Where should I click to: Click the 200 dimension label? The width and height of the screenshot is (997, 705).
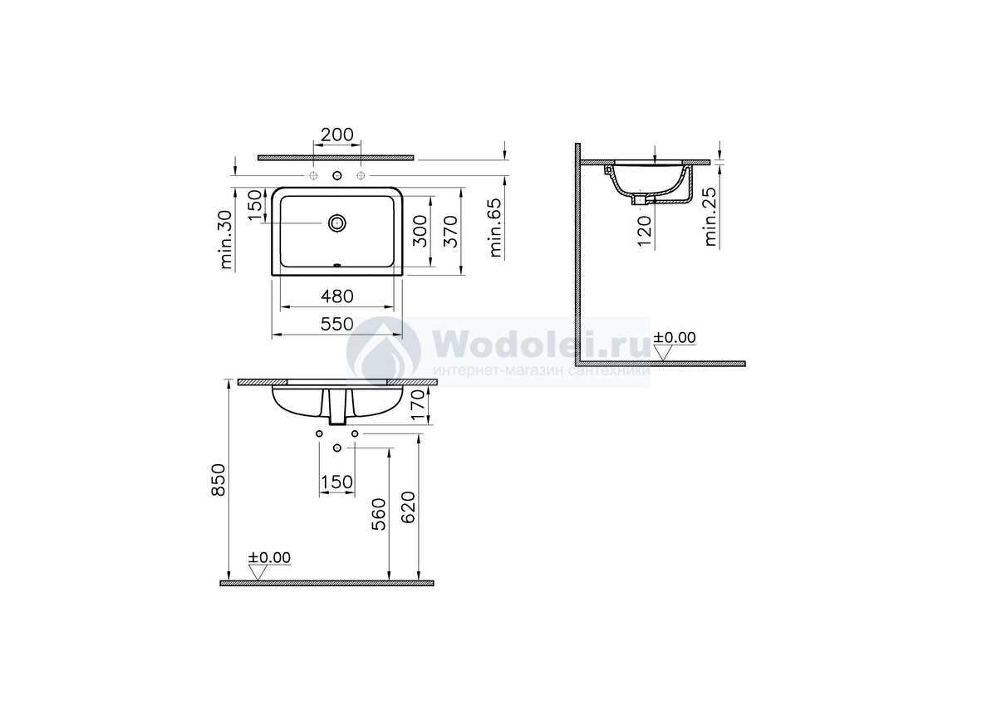click(337, 135)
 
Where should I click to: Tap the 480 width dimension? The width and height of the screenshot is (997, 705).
click(337, 296)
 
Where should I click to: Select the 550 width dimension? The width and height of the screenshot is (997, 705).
click(337, 324)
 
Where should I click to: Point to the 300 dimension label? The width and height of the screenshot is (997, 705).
click(420, 231)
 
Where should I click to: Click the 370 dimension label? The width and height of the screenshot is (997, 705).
click(450, 231)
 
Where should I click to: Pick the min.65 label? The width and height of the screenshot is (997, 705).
click(495, 228)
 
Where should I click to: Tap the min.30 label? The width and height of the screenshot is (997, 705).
click(226, 240)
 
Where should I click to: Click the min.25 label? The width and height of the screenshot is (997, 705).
click(711, 217)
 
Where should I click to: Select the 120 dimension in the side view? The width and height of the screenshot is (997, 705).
click(644, 230)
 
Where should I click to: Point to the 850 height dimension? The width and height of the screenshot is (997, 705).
click(219, 479)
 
